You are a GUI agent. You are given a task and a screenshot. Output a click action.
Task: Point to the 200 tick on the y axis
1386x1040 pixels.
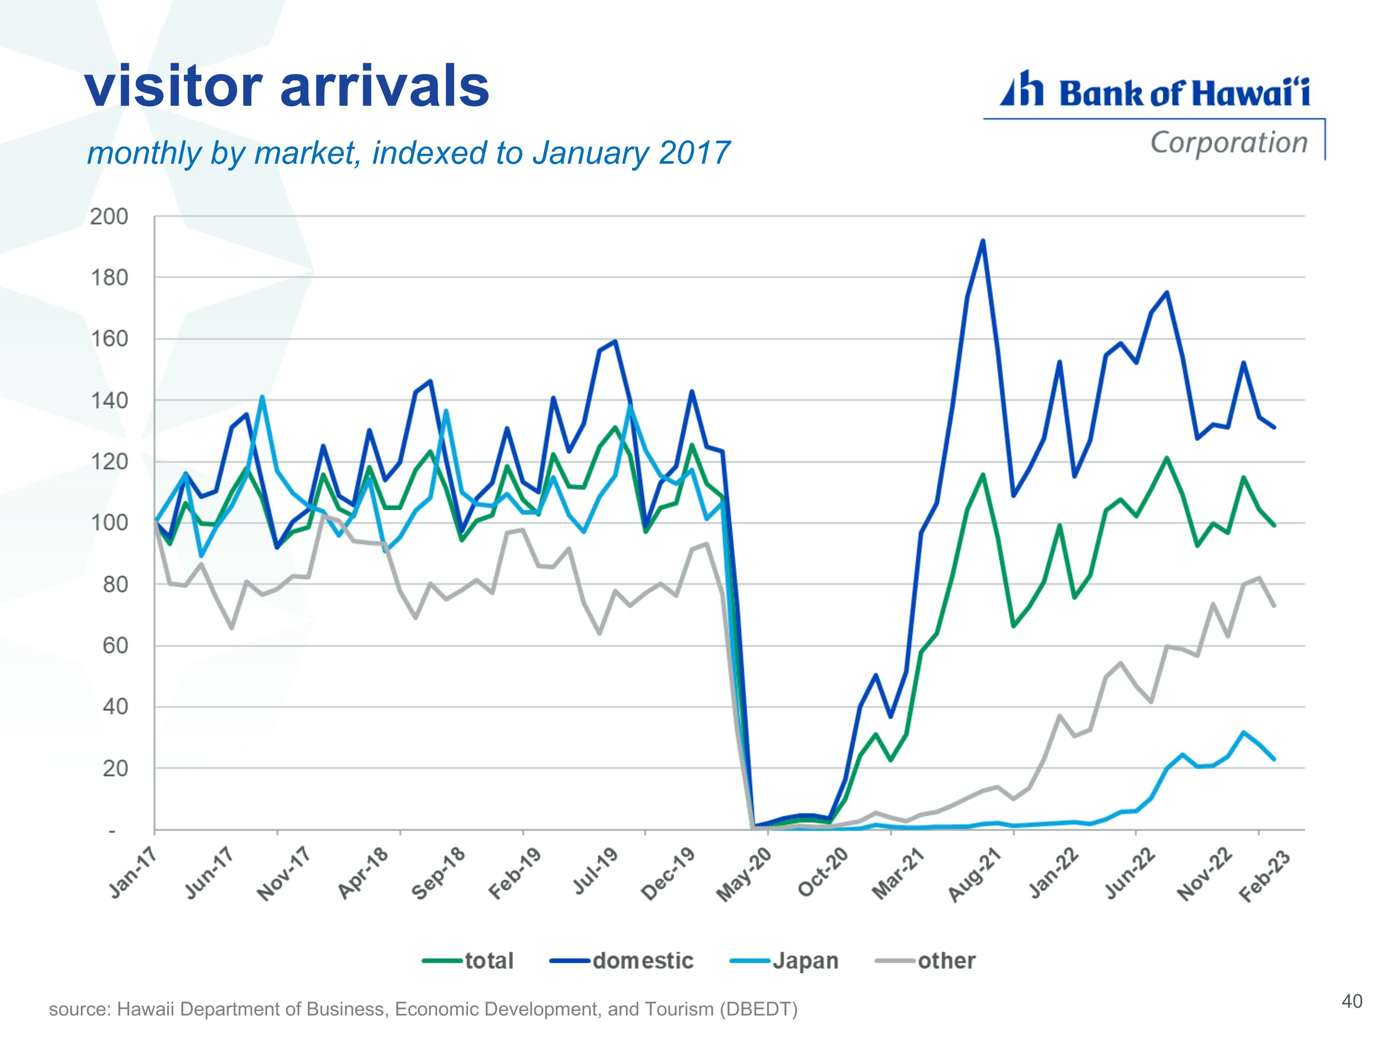point(109,217)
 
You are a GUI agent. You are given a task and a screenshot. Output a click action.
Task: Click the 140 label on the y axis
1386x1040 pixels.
point(109,401)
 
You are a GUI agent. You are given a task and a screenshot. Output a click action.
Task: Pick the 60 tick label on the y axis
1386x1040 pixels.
point(115,646)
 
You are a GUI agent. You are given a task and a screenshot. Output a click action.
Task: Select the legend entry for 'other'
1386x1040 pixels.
point(925,961)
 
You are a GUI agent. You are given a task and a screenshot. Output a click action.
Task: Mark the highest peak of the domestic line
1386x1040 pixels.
point(983,241)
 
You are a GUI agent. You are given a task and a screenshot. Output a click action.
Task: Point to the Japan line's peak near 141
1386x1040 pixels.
point(262,397)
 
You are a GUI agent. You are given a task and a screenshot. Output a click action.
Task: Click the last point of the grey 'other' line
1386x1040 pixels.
point(1274,606)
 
